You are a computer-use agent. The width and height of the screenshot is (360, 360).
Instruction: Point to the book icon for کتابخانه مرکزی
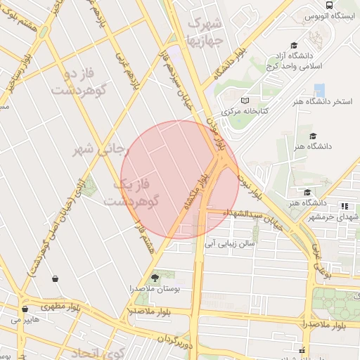coord(245,100)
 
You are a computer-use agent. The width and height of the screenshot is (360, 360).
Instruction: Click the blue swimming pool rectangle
coord(320,90)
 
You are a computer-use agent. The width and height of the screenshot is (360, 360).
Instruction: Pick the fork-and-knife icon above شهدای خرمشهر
coord(345,206)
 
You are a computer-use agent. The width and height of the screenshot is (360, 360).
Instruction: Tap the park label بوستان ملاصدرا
coord(155,288)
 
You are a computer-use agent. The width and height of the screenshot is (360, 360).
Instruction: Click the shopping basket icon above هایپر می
coord(25,309)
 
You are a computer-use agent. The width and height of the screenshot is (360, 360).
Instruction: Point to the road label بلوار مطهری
coord(60,307)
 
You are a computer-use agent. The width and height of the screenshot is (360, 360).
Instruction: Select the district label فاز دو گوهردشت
coord(67,82)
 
